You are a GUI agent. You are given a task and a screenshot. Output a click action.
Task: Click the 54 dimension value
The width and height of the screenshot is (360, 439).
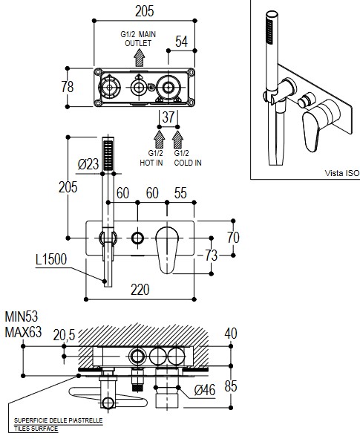(x=181, y=42)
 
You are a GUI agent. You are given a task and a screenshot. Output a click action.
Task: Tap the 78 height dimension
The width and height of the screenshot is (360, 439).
(x=68, y=87)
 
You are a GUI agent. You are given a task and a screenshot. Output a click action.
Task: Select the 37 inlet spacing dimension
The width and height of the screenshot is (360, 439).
(x=168, y=117)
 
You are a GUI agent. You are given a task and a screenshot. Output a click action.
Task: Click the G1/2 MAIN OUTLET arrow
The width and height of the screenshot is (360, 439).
(x=139, y=58)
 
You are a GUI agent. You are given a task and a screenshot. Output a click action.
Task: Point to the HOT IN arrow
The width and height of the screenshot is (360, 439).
(x=159, y=140)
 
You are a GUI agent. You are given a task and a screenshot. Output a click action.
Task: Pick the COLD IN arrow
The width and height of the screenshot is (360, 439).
(x=177, y=140)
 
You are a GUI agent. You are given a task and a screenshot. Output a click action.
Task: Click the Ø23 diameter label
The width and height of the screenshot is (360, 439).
(x=88, y=164)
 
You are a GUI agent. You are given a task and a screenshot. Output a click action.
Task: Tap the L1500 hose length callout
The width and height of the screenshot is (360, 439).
(x=51, y=259)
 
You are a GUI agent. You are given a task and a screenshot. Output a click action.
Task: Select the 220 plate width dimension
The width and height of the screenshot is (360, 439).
(x=140, y=290)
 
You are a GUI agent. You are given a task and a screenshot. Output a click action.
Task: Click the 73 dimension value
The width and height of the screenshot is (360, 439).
(x=212, y=255)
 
